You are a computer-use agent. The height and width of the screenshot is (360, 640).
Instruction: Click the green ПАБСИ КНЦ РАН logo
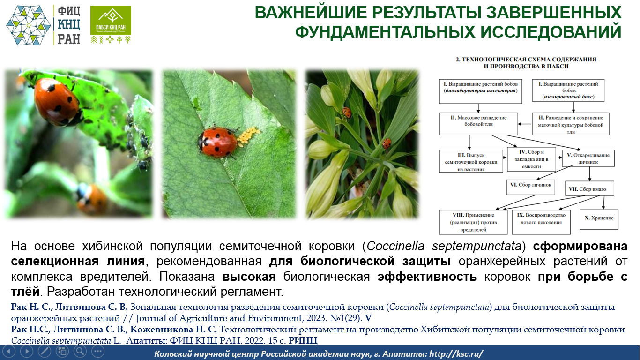pyautogui.click(x=111, y=24)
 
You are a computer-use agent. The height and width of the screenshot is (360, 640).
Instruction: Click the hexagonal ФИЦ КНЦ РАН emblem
pyautogui.click(x=28, y=25)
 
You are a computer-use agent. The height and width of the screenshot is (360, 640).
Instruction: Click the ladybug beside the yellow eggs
pyautogui.click(x=217, y=142)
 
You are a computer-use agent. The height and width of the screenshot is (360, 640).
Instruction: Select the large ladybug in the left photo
pyautogui.click(x=57, y=102)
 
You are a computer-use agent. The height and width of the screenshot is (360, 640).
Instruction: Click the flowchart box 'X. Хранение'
pyautogui.click(x=599, y=219)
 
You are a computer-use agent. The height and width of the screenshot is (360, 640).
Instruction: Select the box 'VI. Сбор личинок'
pyautogui.click(x=530, y=187)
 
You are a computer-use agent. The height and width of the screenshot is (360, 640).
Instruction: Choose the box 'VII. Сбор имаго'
pyautogui.click(x=589, y=188)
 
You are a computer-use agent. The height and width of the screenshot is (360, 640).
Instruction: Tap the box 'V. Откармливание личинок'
pyautogui.click(x=588, y=158)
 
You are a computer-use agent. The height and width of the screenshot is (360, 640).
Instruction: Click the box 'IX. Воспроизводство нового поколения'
pyautogui.click(x=541, y=222)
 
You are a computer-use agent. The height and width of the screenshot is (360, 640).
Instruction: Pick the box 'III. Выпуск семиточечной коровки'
pyautogui.click(x=471, y=161)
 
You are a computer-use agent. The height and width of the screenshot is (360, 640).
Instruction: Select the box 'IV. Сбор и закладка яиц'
pyautogui.click(x=531, y=159)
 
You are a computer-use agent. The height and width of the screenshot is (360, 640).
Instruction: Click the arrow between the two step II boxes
pyautogui.click(x=525, y=124)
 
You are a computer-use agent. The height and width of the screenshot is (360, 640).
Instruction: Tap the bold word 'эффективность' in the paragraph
pyautogui.click(x=427, y=277)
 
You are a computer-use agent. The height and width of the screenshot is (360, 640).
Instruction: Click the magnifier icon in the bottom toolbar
pyautogui.click(x=80, y=351)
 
